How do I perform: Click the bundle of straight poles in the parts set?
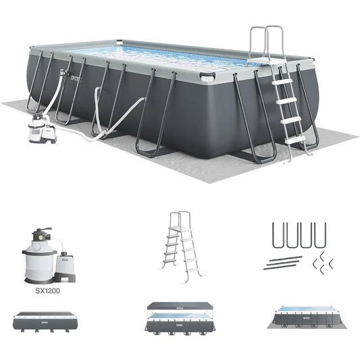(283, 263)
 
